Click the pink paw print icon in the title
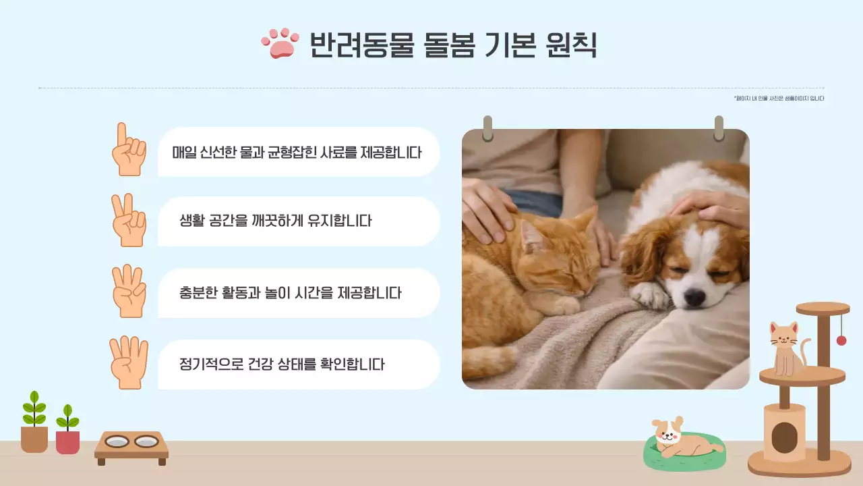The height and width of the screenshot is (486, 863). tap(280, 43)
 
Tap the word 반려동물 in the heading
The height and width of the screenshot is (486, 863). tap(361, 45)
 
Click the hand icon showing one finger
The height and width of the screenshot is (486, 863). tap(128, 150)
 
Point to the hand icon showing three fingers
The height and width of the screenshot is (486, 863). tap(128, 292)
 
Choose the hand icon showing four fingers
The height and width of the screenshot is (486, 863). tap(128, 363)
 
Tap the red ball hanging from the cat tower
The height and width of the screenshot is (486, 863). tap(841, 340)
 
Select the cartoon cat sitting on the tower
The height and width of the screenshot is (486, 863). tap(786, 348)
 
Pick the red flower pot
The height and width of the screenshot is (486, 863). tap(67, 442)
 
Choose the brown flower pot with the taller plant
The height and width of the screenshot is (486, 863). tap(34, 439)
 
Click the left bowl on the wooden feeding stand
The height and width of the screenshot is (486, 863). tap(117, 442)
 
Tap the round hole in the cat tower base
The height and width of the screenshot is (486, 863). tap(784, 437)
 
